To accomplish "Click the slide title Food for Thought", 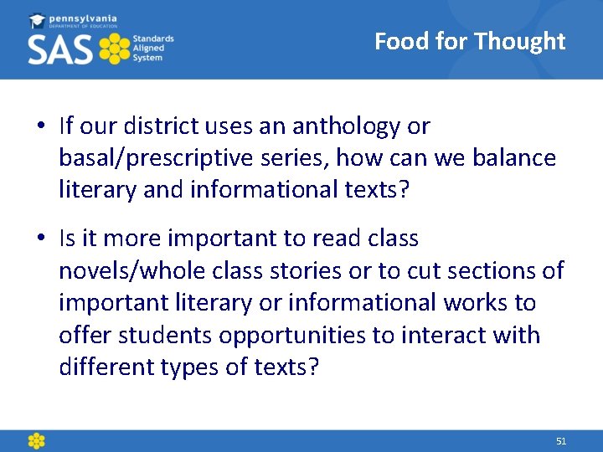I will (470, 41).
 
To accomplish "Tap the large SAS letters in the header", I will (60, 49).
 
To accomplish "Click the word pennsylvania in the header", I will (85, 18).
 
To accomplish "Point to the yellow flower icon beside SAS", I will (114, 49).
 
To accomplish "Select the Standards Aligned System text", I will (153, 49).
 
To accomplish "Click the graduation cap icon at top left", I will (38, 20).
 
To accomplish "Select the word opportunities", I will (292, 336).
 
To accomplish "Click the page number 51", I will (561, 441).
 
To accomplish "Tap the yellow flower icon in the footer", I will (36, 440).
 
